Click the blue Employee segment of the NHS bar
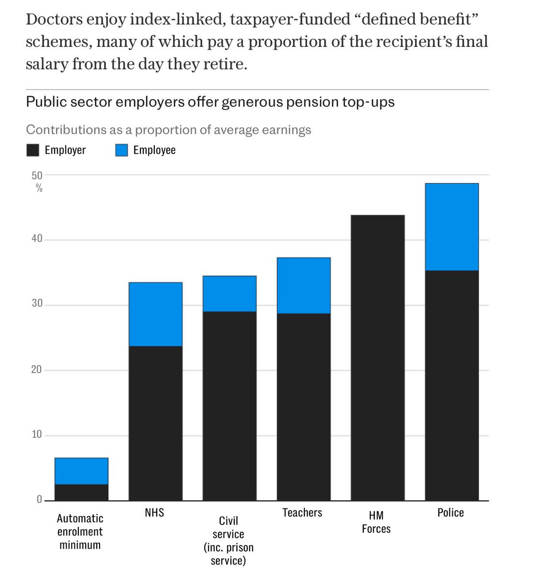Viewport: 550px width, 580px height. [155, 314]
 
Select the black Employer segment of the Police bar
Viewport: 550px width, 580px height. [451, 385]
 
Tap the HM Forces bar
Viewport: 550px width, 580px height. [377, 358]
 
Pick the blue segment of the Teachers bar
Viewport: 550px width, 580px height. [303, 286]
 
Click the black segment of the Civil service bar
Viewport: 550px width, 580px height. [229, 406]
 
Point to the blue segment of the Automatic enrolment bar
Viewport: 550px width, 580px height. [81, 471]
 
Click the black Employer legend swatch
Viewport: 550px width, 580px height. [32, 150]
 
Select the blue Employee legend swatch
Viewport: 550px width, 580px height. [121, 150]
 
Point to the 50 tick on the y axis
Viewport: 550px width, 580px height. [37, 175]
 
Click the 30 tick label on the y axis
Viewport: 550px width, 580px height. [37, 304]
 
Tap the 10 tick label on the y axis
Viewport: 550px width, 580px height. [37, 434]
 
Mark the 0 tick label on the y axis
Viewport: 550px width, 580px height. [39, 499]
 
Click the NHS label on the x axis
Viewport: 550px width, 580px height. [154, 512]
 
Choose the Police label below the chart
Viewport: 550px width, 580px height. [450, 512]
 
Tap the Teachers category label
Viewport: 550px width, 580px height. [302, 512]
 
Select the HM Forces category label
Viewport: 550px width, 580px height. [376, 522]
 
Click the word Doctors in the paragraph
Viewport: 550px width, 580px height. [53, 19]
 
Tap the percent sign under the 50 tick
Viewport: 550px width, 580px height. [39, 188]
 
